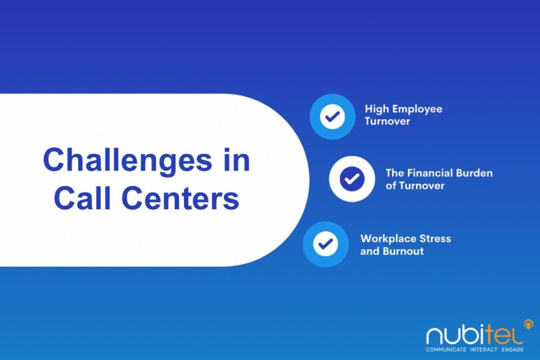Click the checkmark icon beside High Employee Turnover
(x=332, y=117)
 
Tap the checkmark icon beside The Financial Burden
(x=351, y=179)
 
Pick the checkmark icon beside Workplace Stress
(x=325, y=244)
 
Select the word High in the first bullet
(x=377, y=109)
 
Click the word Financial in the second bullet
(x=431, y=173)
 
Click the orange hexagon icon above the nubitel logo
(x=528, y=324)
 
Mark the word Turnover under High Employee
(x=387, y=123)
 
